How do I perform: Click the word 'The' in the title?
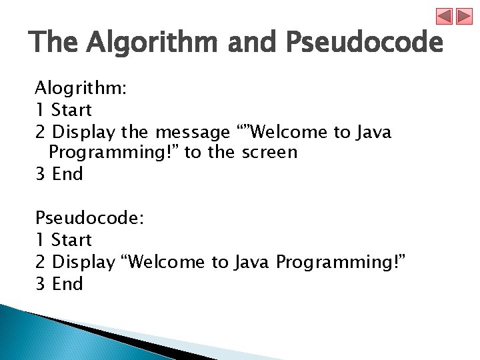point(55,43)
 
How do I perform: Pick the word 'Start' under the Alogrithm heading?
point(71,109)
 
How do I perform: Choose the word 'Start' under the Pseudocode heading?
point(71,240)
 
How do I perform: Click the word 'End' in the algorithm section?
point(67,175)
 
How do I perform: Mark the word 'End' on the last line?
point(67,284)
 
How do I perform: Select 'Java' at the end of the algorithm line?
point(373,131)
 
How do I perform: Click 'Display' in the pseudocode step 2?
point(83,262)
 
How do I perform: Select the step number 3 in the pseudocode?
point(40,284)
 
